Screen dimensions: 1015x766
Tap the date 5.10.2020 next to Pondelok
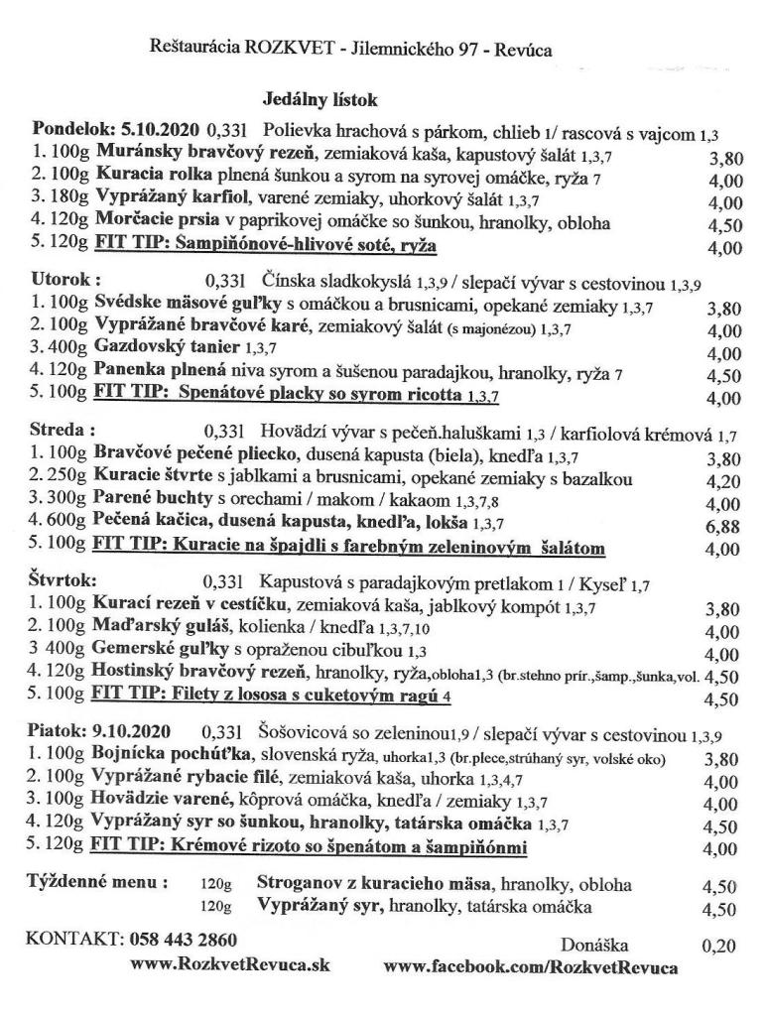click(161, 130)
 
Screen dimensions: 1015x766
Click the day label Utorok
click(66, 280)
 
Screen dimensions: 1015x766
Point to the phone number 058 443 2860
click(184, 939)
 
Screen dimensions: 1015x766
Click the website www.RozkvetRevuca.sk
click(230, 963)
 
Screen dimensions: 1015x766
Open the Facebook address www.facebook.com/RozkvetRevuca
click(531, 965)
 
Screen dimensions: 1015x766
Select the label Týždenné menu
click(96, 882)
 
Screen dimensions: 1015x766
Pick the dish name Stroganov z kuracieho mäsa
click(376, 883)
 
